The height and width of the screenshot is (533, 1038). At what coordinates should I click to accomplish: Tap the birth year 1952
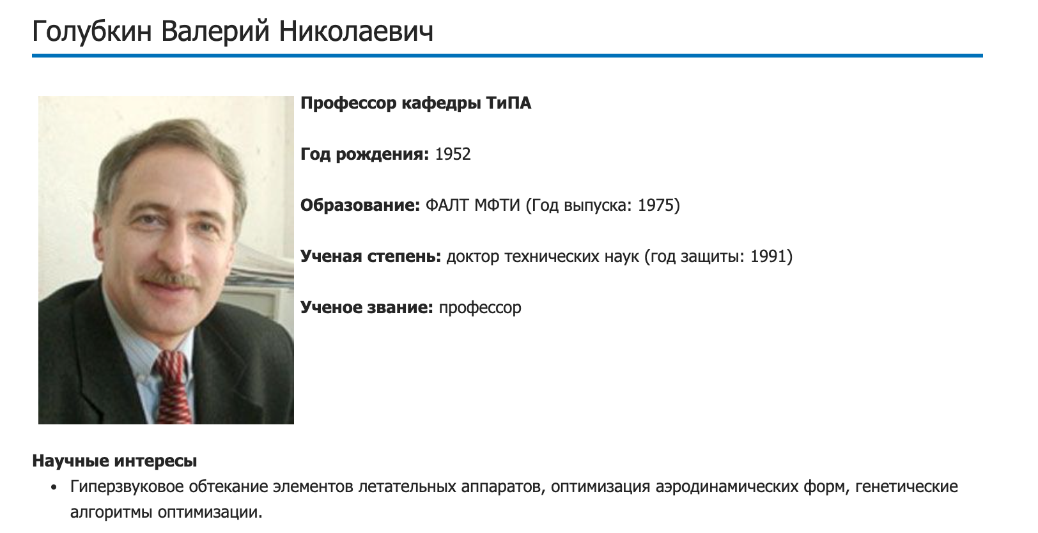(x=453, y=155)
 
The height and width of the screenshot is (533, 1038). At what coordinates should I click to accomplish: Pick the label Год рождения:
(x=364, y=155)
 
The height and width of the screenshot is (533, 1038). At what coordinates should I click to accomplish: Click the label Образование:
(x=360, y=206)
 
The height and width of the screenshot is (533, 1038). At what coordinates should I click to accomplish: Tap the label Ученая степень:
(x=371, y=257)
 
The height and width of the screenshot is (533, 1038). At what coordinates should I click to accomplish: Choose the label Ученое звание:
(x=367, y=308)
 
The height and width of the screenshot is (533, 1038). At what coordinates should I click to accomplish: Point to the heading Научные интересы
(x=114, y=461)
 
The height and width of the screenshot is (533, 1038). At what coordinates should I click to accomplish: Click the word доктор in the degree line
(x=472, y=257)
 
